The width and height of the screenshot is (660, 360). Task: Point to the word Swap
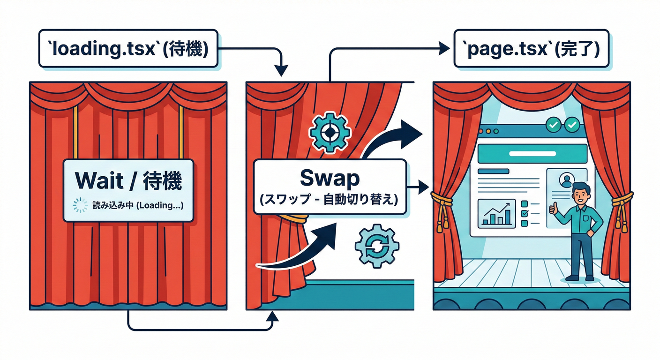point(330,179)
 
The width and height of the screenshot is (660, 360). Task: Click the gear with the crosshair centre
point(330,133)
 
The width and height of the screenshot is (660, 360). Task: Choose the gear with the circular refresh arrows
point(377,246)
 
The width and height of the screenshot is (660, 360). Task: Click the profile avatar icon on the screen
point(566,180)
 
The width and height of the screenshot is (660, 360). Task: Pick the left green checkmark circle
point(554,125)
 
